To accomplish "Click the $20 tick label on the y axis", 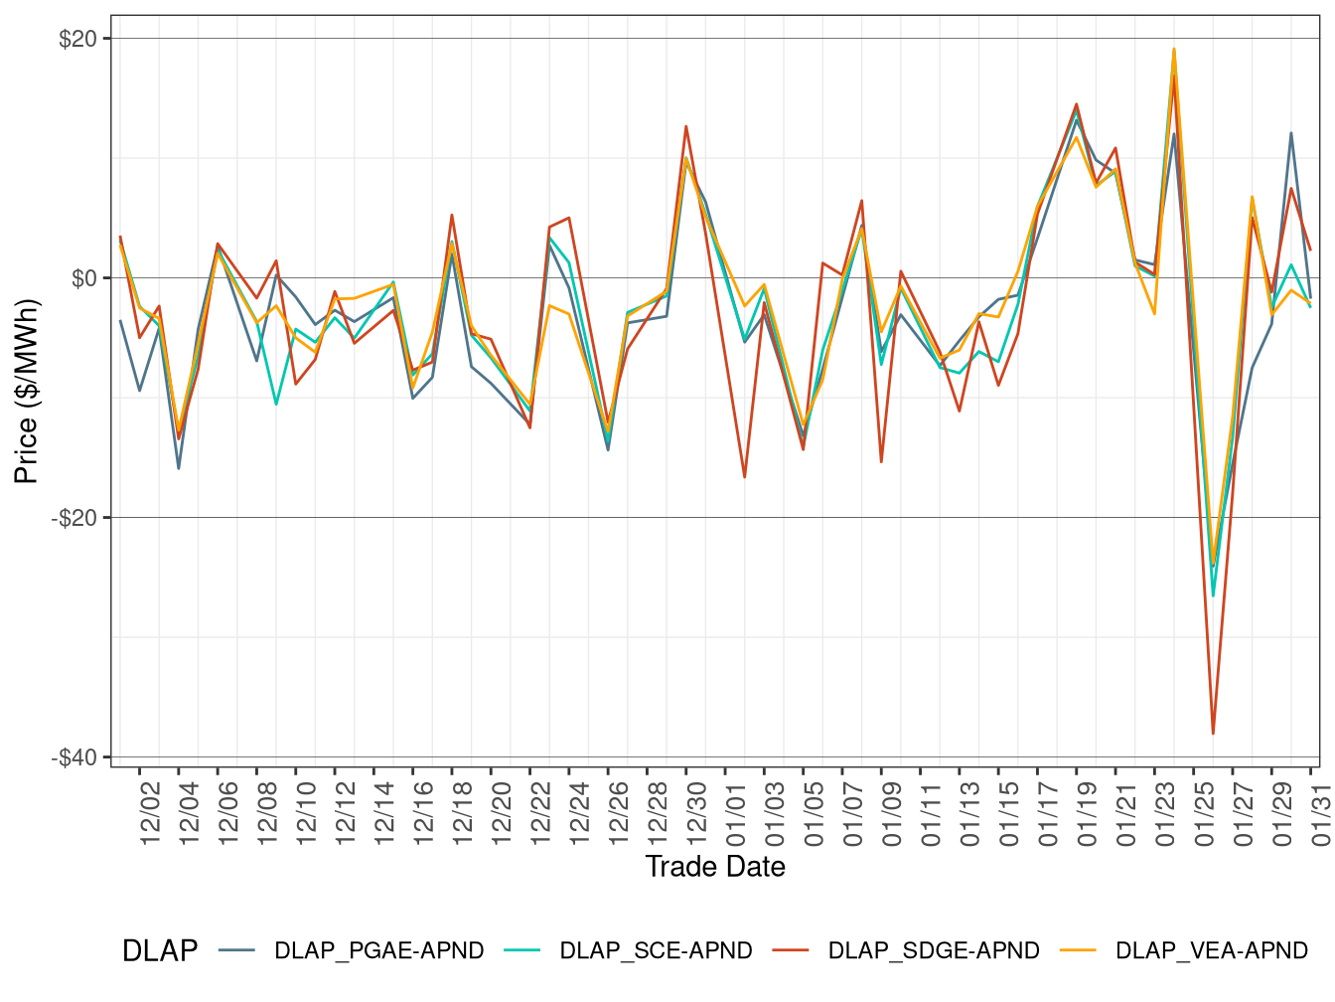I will [77, 39].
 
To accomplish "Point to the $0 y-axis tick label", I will [83, 278].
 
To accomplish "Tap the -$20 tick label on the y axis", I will [74, 518].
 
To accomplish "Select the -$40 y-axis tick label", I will [74, 757].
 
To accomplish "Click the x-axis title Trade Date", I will [715, 867].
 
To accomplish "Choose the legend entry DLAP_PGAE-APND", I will [378, 950].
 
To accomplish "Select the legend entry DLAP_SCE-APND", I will [656, 950].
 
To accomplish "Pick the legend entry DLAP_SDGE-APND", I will [934, 950].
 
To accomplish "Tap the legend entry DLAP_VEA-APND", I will [1212, 950].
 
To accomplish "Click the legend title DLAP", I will [159, 950].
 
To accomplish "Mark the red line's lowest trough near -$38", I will [1213, 734].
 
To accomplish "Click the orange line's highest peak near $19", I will [1174, 49].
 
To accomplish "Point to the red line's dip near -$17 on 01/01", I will [745, 477].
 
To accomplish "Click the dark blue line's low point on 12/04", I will [179, 468].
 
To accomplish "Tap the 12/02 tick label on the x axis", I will [150, 811].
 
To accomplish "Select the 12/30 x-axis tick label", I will [696, 811].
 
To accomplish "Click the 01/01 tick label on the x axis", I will [735, 811].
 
